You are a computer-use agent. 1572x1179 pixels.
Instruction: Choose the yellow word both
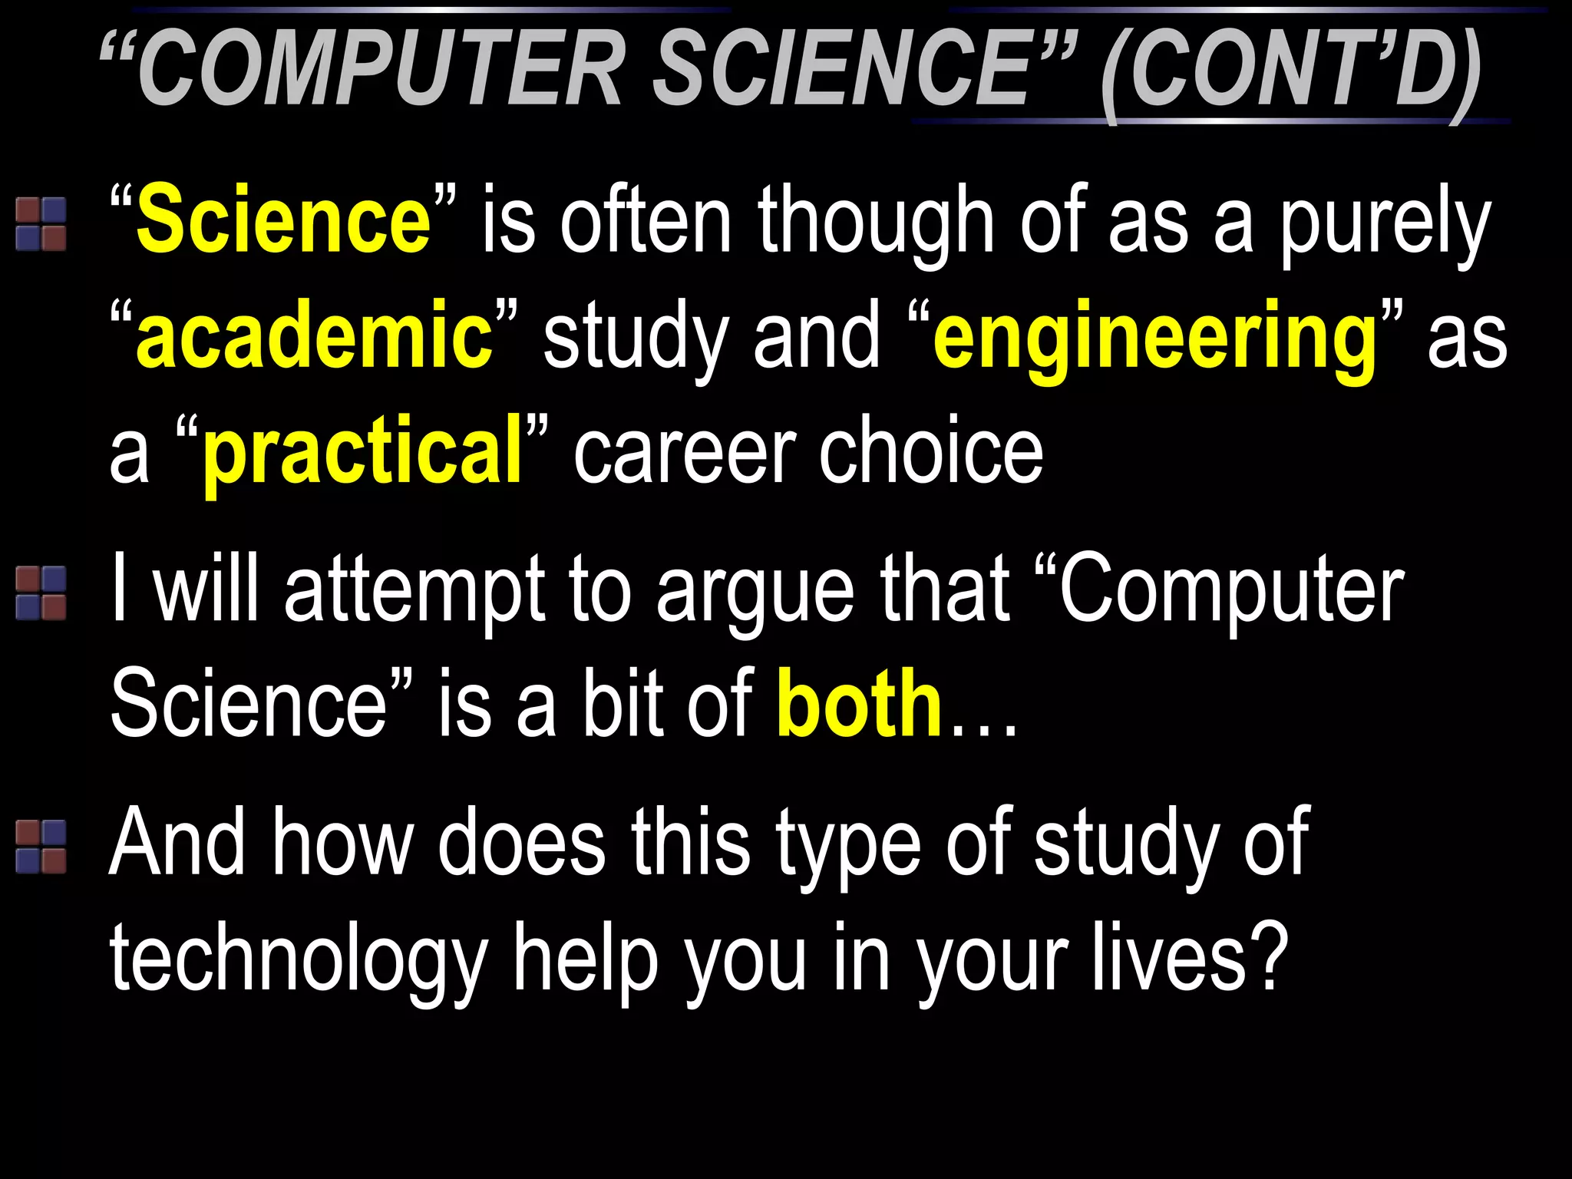[859, 702]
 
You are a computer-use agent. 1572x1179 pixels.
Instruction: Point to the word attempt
[414, 591]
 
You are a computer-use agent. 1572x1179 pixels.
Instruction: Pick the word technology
[299, 959]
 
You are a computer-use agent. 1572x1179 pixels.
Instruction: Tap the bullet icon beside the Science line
[41, 224]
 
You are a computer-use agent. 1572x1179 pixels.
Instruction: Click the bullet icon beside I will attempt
[41, 593]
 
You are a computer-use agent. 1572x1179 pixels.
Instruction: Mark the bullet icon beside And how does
[41, 846]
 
